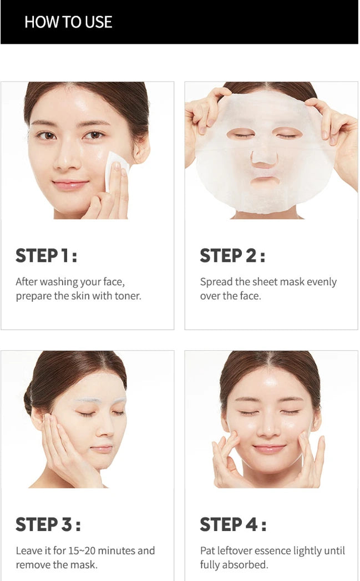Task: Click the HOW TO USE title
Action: tap(68, 22)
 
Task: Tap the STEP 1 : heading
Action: tap(46, 256)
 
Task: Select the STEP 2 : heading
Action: tap(232, 256)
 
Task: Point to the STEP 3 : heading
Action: tap(48, 524)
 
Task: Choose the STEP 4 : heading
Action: tap(232, 524)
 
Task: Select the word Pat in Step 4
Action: tap(207, 550)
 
